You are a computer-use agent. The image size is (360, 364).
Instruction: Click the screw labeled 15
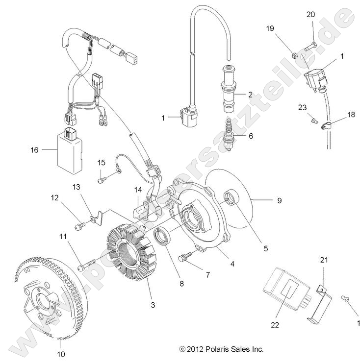[x=102, y=180]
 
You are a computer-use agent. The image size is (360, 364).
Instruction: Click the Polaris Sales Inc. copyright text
[x=221, y=349]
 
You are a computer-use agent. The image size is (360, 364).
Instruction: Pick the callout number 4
[x=232, y=263]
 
